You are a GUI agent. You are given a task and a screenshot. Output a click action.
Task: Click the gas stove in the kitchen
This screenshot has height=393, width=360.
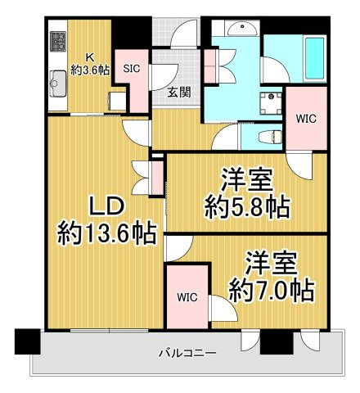coord(57,41)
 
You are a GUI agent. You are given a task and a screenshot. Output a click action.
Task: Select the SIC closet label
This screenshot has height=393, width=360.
coord(131,70)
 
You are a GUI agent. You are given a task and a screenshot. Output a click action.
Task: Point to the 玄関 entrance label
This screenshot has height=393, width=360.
coord(179,92)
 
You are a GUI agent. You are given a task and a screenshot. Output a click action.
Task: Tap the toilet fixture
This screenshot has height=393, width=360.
coord(266,138)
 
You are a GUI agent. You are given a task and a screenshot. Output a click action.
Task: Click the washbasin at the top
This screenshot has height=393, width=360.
coord(241,31)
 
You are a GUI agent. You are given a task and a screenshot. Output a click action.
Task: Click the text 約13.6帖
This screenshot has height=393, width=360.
coord(107,234)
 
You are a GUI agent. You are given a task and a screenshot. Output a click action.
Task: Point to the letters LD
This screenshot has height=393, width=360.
coord(107,204)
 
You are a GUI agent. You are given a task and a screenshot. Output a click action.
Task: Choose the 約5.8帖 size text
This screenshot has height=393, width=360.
coord(246,207)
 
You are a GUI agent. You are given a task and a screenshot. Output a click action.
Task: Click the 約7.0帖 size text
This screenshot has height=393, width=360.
coord(271,289)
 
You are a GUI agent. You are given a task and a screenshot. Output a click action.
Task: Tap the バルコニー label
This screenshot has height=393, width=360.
coord(187,355)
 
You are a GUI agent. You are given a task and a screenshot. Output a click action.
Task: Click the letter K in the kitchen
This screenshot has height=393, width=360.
coord(92,56)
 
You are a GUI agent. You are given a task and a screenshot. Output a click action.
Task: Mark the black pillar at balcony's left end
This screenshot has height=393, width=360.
coord(27,340)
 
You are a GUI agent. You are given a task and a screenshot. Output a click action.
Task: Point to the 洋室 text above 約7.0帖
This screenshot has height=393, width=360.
coord(271,263)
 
